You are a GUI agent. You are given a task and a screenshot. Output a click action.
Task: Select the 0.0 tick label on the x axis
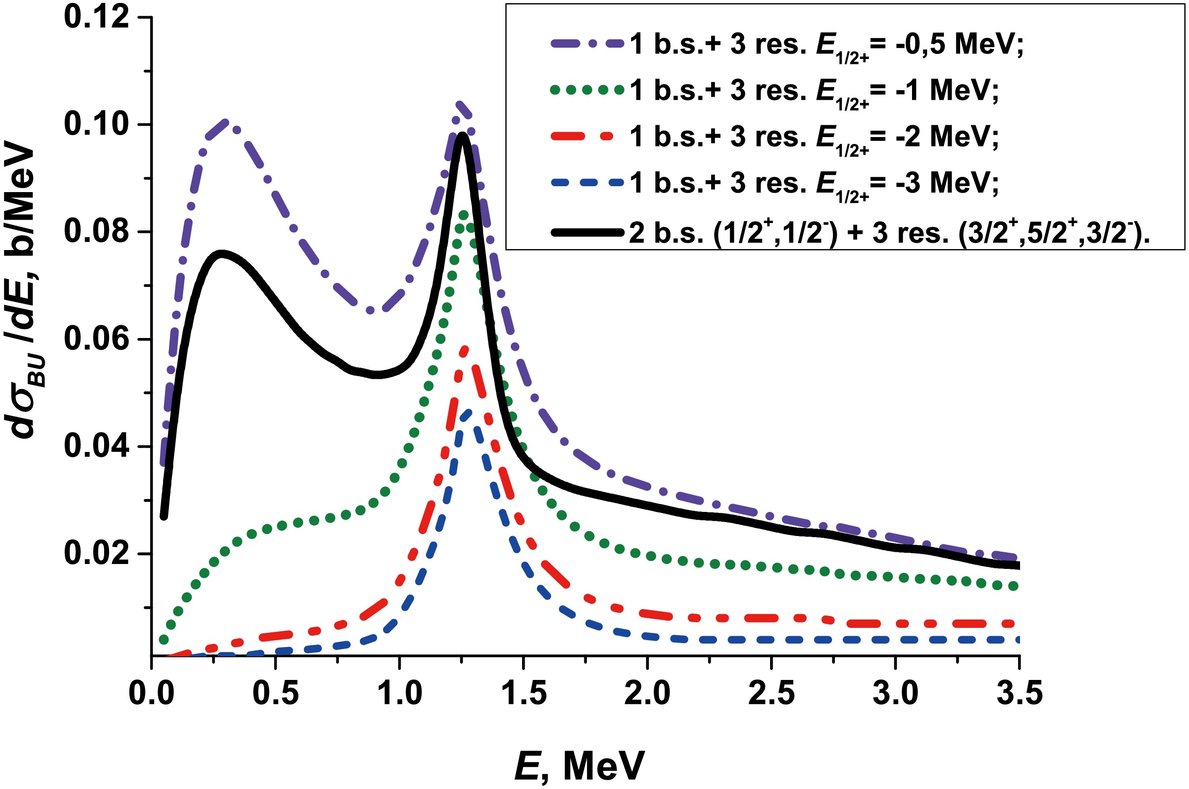[151, 693]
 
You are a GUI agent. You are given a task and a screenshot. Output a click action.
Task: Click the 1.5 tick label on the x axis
[524, 693]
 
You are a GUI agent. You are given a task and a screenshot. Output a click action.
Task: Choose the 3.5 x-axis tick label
[1019, 693]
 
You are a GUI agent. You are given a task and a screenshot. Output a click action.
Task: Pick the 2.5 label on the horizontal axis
[772, 693]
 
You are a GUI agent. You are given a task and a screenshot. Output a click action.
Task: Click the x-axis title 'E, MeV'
[579, 764]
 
